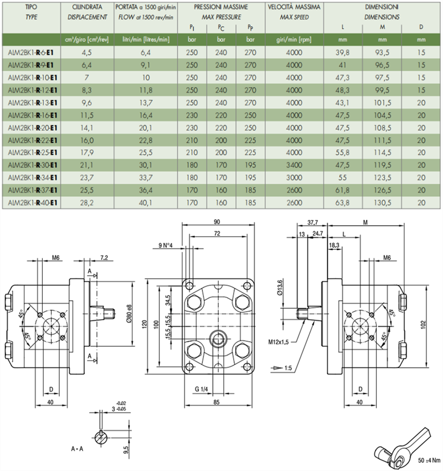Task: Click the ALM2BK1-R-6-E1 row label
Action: (x=32, y=52)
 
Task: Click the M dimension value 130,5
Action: (x=383, y=203)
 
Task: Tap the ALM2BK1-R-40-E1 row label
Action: (x=32, y=203)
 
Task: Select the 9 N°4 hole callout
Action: (x=165, y=245)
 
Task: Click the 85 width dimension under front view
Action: (x=216, y=402)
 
